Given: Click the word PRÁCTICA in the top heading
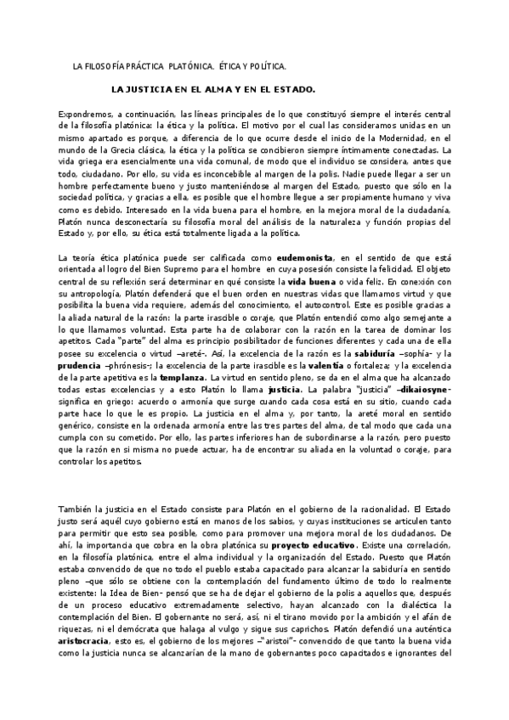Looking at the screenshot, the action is coord(145,65).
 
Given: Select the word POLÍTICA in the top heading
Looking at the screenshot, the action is coord(265,65).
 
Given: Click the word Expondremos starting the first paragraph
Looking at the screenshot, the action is coord(82,113).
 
